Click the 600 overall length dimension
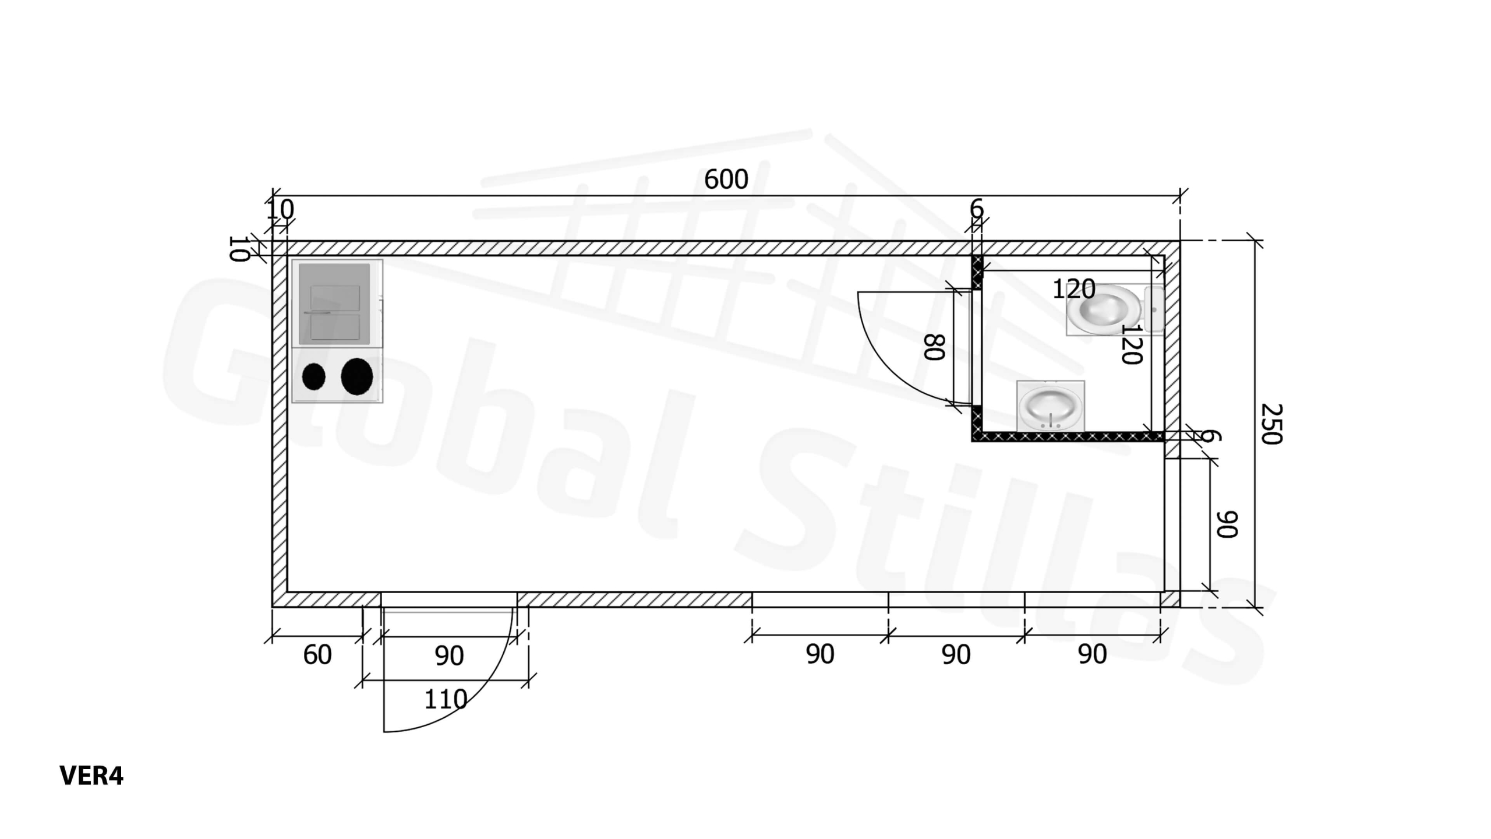click(726, 179)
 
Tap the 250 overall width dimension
click(1271, 424)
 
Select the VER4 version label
click(91, 775)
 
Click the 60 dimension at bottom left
click(317, 655)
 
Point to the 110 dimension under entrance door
click(446, 699)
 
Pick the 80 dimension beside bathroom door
click(934, 347)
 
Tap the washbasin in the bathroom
click(1051, 406)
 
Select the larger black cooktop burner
click(357, 377)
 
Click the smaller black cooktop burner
click(314, 377)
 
